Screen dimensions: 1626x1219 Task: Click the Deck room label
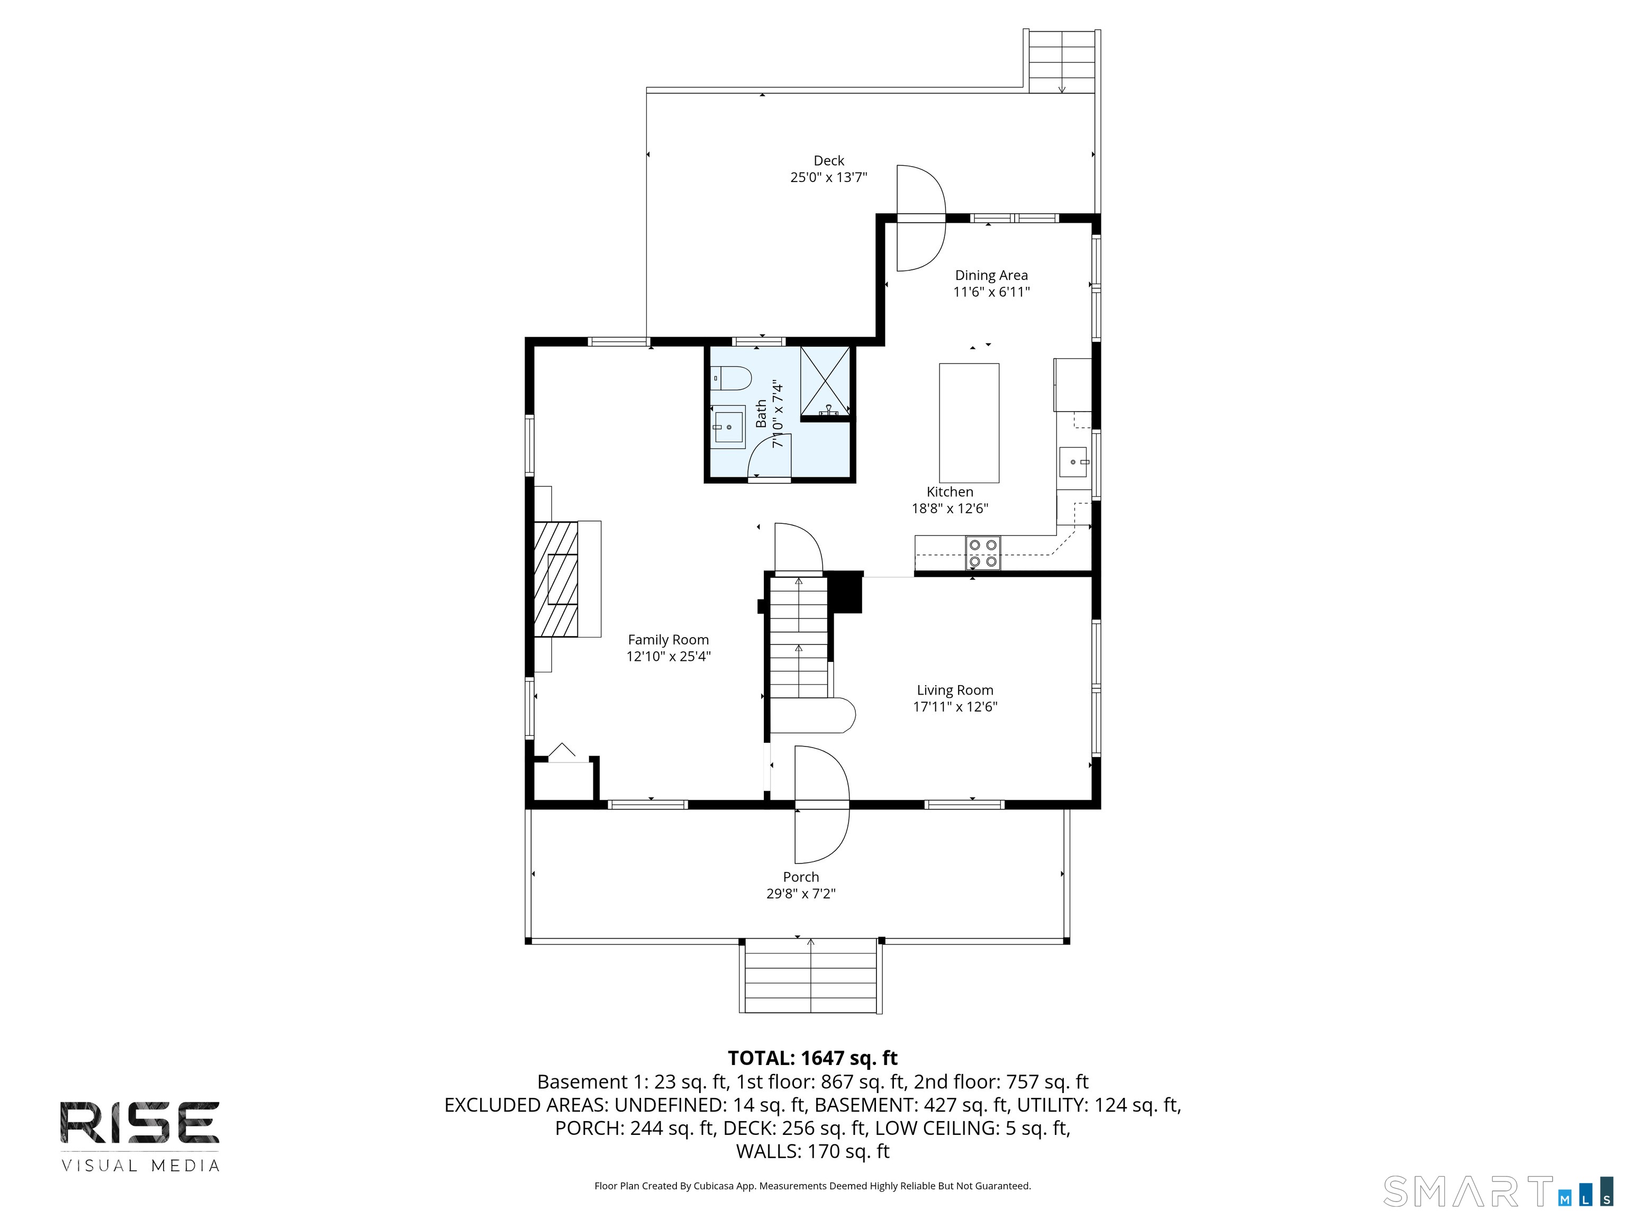pyautogui.click(x=828, y=160)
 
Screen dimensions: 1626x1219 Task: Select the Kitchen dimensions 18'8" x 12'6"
pyautogui.click(x=950, y=508)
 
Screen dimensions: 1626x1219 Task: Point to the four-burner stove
pyautogui.click(x=983, y=553)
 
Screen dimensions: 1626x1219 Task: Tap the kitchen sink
pyautogui.click(x=1073, y=462)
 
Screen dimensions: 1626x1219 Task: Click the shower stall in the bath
pyautogui.click(x=825, y=382)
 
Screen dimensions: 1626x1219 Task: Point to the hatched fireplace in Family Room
pyautogui.click(x=556, y=579)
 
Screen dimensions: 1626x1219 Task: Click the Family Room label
pyautogui.click(x=668, y=640)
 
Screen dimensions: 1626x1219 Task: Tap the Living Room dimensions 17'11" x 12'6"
pyautogui.click(x=955, y=707)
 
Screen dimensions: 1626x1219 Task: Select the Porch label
pyautogui.click(x=800, y=877)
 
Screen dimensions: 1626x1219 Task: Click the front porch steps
pyautogui.click(x=811, y=976)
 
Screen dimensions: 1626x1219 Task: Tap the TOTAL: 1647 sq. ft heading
pyautogui.click(x=812, y=1058)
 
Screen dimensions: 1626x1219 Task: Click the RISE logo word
pyautogui.click(x=140, y=1122)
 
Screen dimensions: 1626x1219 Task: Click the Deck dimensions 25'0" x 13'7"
pyautogui.click(x=828, y=177)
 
